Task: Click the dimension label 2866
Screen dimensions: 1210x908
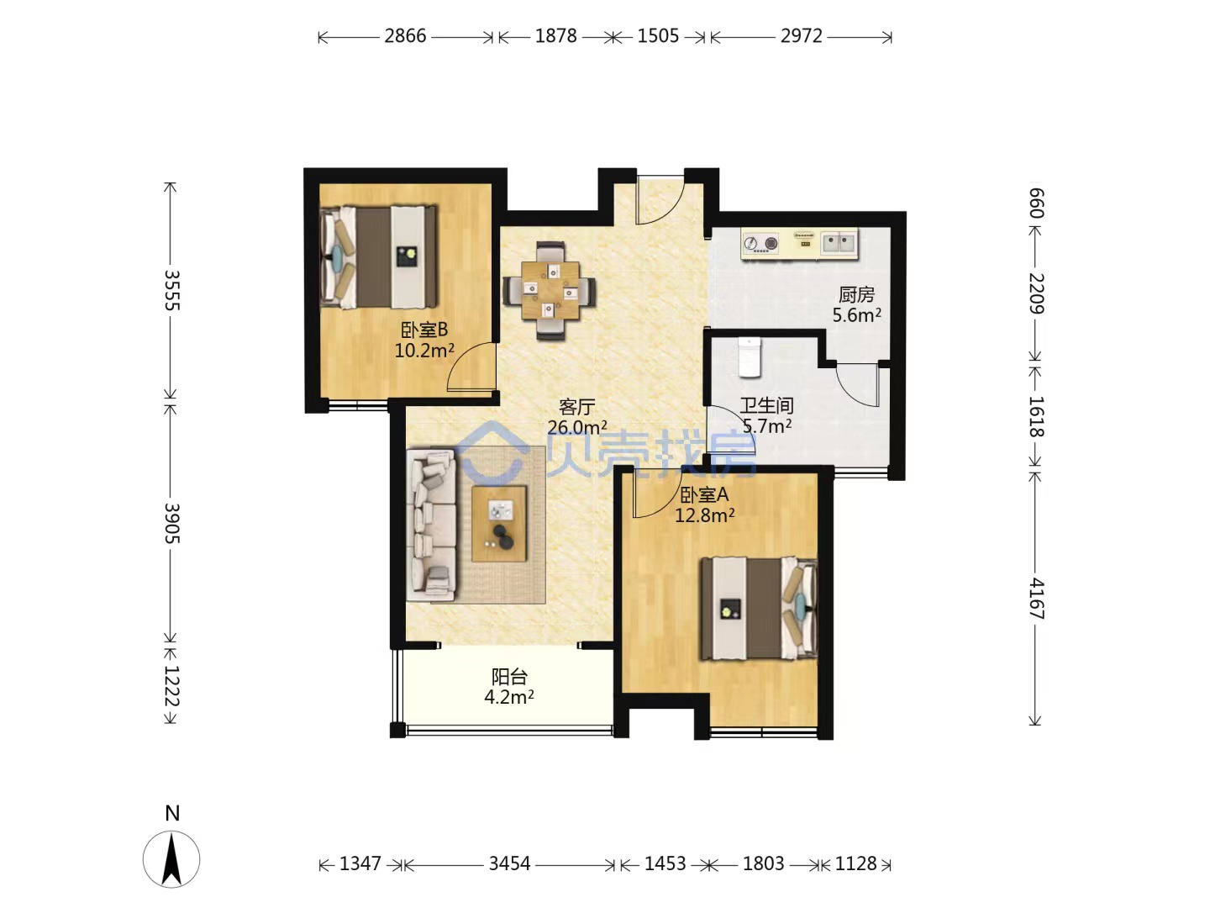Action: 405,36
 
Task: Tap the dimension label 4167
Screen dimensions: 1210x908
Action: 1036,599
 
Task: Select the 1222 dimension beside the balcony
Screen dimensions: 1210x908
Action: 172,686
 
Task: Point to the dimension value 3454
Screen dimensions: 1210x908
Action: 509,863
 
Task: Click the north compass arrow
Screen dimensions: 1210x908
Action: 171,859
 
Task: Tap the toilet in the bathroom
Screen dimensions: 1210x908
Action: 750,357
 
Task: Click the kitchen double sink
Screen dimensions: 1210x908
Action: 839,243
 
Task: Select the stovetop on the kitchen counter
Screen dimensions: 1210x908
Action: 760,243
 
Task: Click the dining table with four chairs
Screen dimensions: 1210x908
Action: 550,291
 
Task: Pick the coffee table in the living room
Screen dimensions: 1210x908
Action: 499,524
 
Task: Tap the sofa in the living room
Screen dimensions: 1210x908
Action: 431,525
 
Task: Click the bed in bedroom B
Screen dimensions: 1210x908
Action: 379,257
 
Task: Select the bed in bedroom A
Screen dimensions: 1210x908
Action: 759,609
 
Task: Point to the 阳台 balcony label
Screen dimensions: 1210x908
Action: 509,677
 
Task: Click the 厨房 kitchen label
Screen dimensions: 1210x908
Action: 856,295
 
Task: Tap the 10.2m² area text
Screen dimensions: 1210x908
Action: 423,350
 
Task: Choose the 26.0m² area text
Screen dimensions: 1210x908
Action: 577,427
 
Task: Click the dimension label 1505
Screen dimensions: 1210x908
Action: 658,36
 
